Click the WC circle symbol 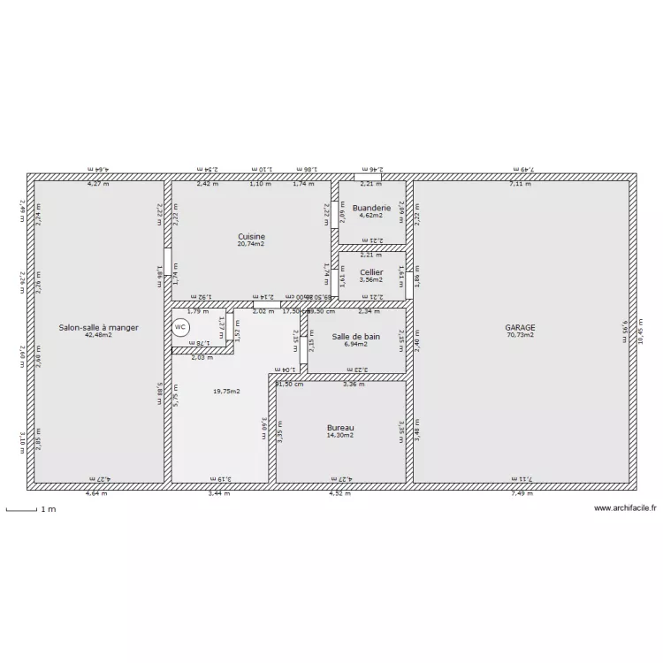point(180,327)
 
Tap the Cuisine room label point(252,236)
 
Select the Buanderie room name point(370,208)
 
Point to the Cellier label point(371,272)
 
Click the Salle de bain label point(356,336)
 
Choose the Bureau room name point(340,427)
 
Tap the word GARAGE point(521,327)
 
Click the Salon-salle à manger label point(99,327)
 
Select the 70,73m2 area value point(521,335)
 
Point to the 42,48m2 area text point(99,335)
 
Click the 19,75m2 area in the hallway point(227,391)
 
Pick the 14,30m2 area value point(340,435)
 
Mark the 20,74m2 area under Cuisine point(252,244)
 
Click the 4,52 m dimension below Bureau point(341,494)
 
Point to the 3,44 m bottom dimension point(218,494)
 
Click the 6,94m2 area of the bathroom point(356,344)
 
